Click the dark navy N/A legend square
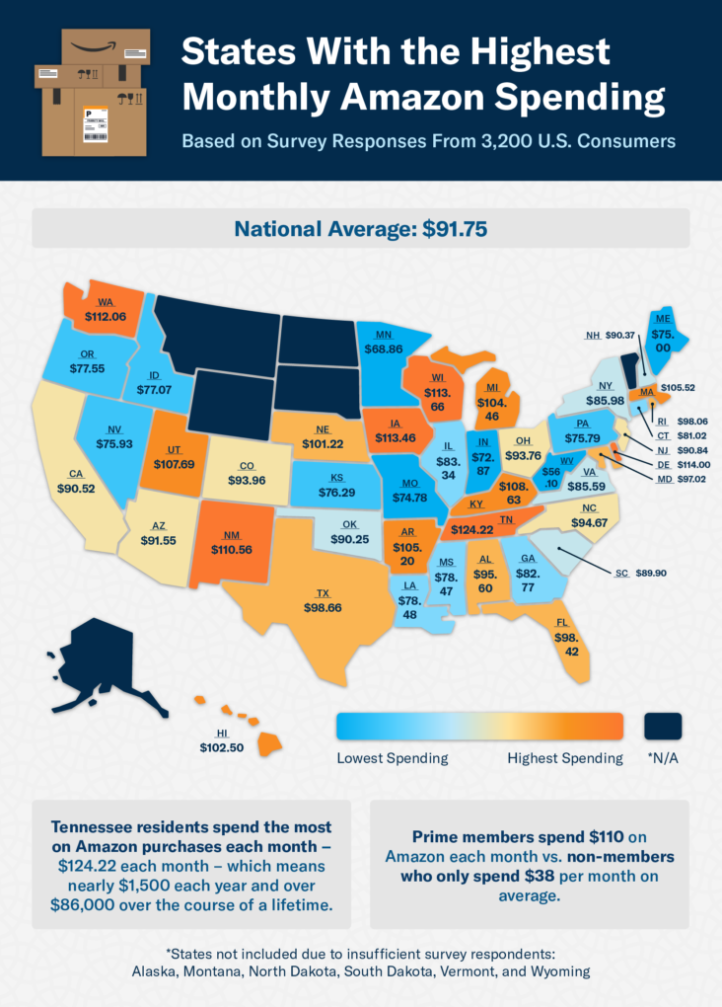pyautogui.click(x=664, y=726)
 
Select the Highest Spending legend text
pyautogui.click(x=564, y=758)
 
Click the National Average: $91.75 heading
pyautogui.click(x=360, y=228)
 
